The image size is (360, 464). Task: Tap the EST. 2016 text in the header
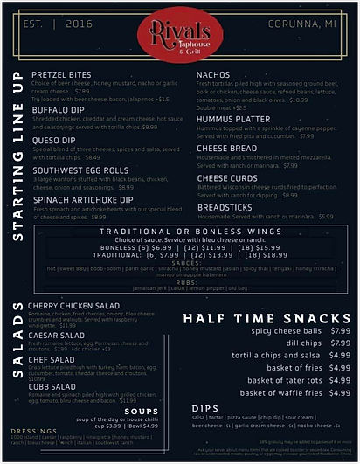tap(52, 23)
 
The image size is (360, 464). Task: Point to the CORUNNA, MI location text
tap(303, 23)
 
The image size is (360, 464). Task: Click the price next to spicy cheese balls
tap(340, 331)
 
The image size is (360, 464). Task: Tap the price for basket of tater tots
tap(340, 380)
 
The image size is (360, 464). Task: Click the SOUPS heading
tap(142, 411)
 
